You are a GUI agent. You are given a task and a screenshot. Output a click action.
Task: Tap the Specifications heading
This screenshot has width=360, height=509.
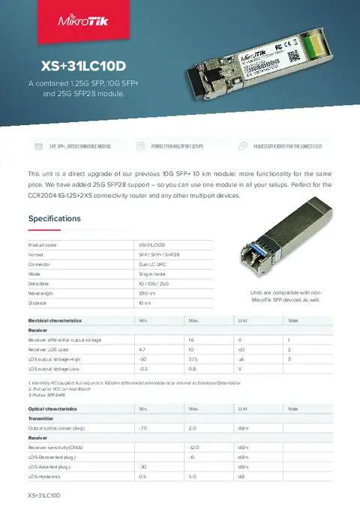tap(54, 219)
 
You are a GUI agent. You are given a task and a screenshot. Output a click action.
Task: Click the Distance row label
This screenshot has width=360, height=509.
tap(37, 303)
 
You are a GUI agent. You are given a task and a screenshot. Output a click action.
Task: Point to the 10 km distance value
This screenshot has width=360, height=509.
tap(145, 303)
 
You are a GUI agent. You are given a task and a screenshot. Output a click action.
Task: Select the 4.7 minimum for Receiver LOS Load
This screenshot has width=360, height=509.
tap(142, 349)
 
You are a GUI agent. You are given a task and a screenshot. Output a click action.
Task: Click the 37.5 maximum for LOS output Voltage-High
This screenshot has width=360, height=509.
tap(193, 359)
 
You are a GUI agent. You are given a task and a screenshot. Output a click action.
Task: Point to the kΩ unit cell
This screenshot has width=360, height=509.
tap(241, 349)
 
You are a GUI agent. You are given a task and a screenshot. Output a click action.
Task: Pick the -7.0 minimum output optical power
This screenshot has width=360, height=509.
tap(143, 427)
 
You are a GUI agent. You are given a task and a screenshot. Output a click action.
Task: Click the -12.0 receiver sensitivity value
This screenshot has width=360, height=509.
tap(193, 447)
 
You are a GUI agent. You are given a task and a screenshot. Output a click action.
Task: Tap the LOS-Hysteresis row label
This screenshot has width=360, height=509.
tap(44, 476)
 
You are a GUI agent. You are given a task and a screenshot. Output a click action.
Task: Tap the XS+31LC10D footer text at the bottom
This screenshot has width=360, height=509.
tap(43, 496)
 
